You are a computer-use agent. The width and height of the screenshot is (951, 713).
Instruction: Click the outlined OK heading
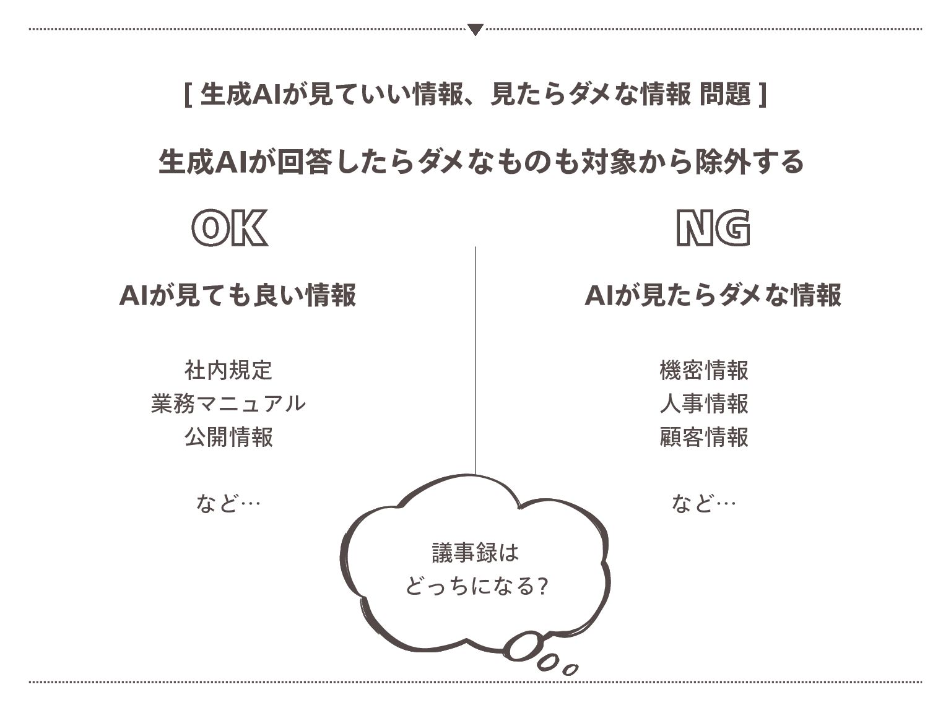[x=230, y=228]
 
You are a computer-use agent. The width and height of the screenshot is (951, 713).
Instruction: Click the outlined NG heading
[x=713, y=228]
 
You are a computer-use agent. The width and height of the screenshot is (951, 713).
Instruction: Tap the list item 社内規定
[x=228, y=370]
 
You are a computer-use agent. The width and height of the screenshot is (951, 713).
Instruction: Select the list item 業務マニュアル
[x=228, y=404]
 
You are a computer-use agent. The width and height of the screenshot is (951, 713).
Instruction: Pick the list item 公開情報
[x=228, y=437]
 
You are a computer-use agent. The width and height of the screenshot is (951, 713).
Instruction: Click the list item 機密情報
[x=704, y=370]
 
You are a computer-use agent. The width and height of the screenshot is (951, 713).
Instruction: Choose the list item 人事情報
[x=704, y=404]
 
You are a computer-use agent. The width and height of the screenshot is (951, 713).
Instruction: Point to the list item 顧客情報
[x=704, y=437]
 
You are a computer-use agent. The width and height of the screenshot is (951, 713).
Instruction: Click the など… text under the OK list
[x=228, y=503]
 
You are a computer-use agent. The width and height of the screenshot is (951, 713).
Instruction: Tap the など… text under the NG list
[x=703, y=503]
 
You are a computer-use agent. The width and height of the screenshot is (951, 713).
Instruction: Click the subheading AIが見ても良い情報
[x=238, y=295]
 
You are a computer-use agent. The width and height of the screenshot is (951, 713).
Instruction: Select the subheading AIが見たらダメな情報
[x=713, y=295]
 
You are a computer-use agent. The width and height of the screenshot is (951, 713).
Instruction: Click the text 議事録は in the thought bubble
[x=475, y=552]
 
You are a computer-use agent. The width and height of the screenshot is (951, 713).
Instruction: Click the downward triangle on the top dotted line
[x=475, y=29]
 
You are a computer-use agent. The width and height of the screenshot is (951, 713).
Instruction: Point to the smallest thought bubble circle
[x=570, y=669]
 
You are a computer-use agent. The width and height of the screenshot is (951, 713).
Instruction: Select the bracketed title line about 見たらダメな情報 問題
[x=475, y=95]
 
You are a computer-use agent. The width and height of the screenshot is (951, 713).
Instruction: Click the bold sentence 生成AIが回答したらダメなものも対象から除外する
[x=480, y=162]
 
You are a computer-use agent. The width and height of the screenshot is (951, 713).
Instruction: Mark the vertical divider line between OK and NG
[x=475, y=359]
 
